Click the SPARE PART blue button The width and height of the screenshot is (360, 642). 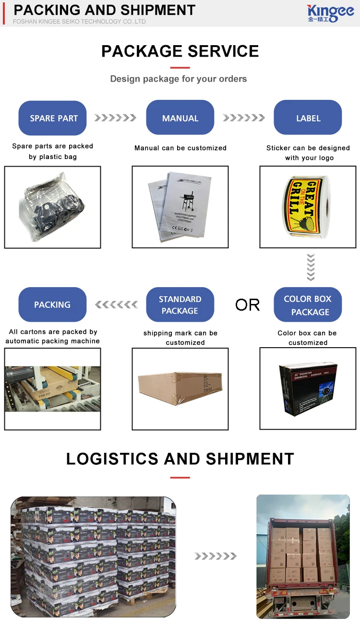53,118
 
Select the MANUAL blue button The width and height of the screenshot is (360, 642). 180,118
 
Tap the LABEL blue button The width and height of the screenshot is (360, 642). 308,118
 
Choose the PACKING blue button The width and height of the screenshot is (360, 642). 52,304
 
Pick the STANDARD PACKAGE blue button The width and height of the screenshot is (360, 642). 180,304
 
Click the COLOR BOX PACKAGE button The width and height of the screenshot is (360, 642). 308,305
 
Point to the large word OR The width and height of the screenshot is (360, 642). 247,304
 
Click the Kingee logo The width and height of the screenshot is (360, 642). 330,13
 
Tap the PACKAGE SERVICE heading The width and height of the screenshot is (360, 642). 180,51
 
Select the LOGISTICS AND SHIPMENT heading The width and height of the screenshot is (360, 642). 180,459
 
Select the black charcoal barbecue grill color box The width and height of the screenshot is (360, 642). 308,388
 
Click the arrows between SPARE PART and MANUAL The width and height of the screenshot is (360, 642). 115,118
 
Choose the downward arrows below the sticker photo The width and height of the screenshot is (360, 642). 311,267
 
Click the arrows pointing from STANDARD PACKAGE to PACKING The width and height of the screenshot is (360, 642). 116,304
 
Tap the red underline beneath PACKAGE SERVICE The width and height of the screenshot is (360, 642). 180,68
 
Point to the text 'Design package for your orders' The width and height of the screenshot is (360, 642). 179,79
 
